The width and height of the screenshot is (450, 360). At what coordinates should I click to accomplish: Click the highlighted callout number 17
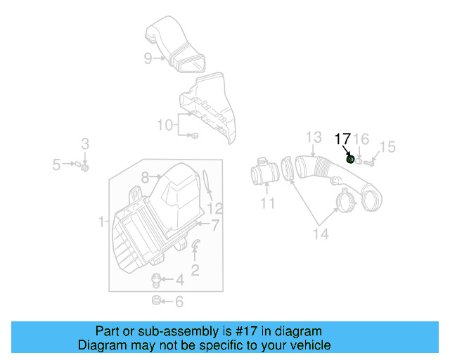point(342,139)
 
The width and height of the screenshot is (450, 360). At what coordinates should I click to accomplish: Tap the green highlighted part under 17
point(350,159)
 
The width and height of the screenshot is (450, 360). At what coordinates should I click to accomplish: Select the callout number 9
point(148,58)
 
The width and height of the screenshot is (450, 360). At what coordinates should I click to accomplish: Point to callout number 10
point(164,125)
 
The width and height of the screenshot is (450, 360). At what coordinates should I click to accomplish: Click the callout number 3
point(84,144)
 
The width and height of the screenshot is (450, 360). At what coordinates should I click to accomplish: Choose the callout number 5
point(56,165)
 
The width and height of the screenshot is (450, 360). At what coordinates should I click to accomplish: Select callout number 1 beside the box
point(101,222)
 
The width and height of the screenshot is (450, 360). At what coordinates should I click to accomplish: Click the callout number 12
point(214,208)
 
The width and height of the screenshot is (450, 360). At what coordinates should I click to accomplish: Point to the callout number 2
point(195,269)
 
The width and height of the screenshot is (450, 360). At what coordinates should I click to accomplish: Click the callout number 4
point(179,281)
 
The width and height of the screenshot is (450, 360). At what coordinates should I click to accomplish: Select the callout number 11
point(267,204)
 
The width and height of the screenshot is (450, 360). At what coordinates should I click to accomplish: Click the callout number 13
point(313,137)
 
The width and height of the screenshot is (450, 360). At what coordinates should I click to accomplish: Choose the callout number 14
point(320,233)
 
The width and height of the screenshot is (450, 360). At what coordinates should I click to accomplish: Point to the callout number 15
point(387,147)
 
